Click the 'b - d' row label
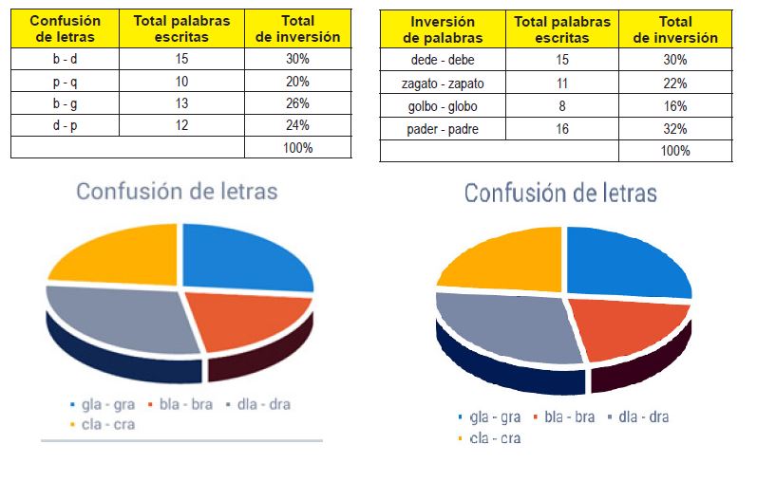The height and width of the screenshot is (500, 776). pos(66,60)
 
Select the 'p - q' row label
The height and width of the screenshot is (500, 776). pos(66,82)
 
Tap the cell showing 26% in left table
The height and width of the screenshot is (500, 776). pos(297,103)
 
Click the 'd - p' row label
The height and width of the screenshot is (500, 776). pos(66,125)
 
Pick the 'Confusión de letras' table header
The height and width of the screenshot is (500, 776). pos(66,29)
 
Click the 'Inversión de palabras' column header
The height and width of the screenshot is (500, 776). pos(443,30)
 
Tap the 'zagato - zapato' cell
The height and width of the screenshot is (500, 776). pos(443,83)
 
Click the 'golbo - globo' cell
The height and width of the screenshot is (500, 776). pos(443,106)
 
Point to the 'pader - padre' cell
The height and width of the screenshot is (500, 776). pos(443,129)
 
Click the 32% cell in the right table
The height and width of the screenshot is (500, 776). pos(675,129)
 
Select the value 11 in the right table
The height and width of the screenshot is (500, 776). pos(562,83)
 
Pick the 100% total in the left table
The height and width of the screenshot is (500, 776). pos(297,148)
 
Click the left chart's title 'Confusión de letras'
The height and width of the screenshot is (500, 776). pos(177,192)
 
